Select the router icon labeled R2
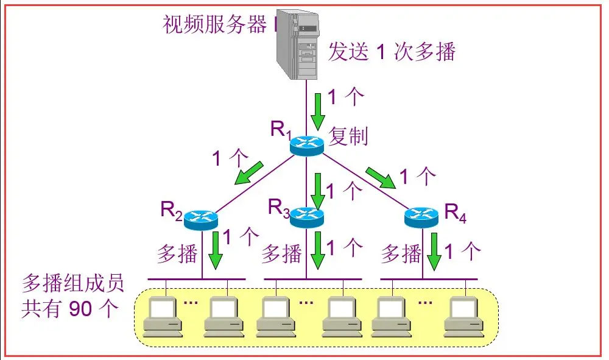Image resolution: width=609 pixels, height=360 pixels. (x=200, y=218)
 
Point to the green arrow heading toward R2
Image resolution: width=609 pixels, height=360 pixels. (x=250, y=172)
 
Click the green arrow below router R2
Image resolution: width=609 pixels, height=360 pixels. (x=214, y=250)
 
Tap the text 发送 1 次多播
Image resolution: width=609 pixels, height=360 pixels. (x=392, y=52)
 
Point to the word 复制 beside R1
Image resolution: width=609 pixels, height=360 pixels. (x=348, y=136)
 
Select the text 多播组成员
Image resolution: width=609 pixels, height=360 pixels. (x=72, y=283)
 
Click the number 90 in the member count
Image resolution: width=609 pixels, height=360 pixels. (x=81, y=309)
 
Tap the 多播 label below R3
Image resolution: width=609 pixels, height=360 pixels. (x=281, y=253)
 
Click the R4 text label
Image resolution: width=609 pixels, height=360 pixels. (x=456, y=212)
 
